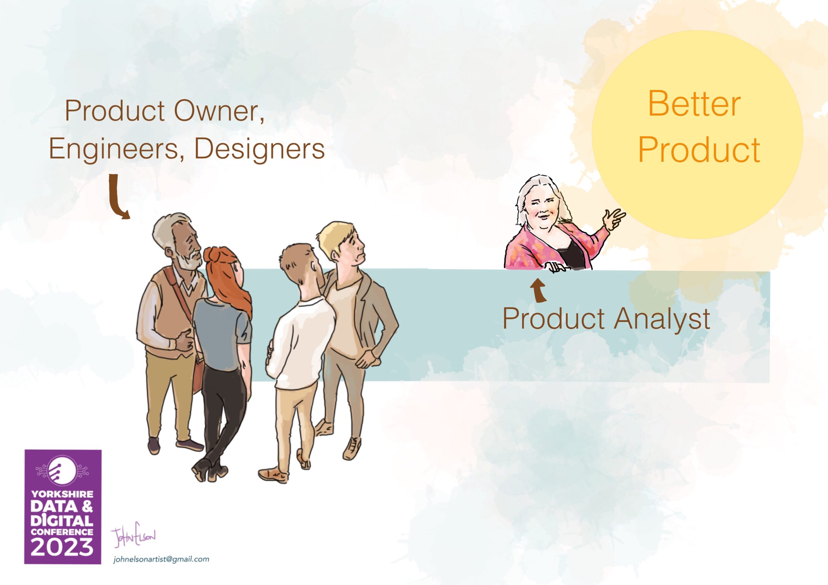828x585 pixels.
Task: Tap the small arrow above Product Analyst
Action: coord(538,290)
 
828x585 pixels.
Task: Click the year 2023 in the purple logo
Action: coord(62,547)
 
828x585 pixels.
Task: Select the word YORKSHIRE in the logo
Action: coord(62,494)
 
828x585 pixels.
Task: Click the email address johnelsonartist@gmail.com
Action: coord(161,559)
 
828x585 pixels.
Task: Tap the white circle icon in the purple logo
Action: coord(62,471)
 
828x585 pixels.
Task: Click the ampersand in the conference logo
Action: coord(87,507)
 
